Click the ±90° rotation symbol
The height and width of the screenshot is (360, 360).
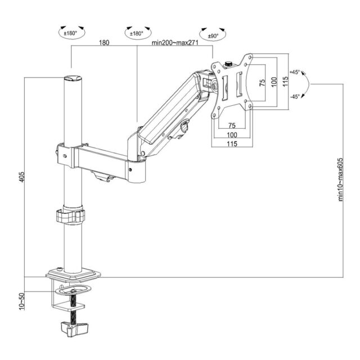(x=213, y=35)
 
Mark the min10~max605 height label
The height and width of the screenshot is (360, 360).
(x=340, y=178)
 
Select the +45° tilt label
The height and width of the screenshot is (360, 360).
(x=295, y=73)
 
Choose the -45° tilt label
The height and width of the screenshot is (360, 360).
(x=295, y=96)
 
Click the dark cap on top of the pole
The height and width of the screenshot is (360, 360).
(x=72, y=79)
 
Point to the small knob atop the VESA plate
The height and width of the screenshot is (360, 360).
(x=229, y=64)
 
